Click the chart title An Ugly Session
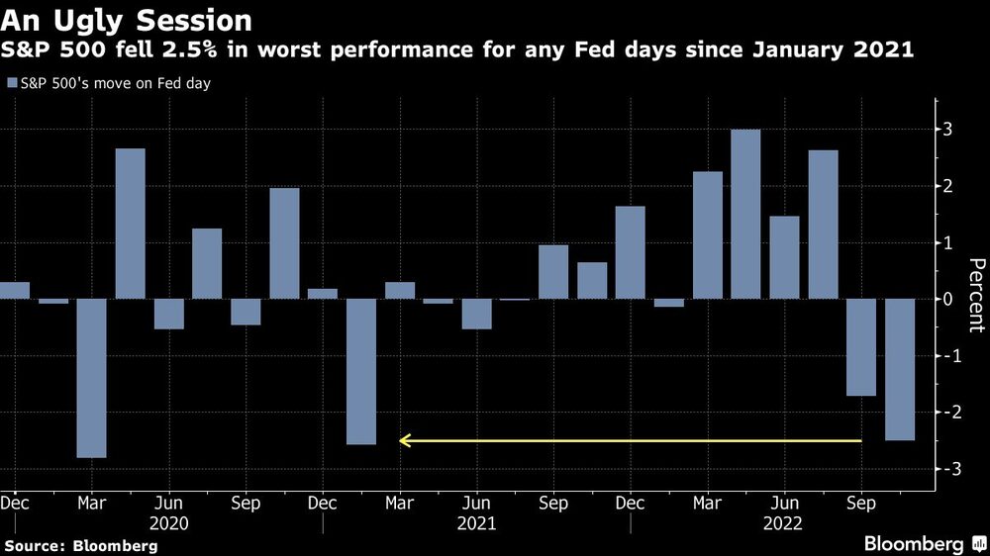coord(127,20)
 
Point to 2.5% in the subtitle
coord(219,49)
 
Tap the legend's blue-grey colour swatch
coord(11,83)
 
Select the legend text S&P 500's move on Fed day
coord(115,83)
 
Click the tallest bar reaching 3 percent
coord(745,214)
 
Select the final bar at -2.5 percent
coord(900,369)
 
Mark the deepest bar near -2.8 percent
coord(92,378)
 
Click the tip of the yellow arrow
coord(401,440)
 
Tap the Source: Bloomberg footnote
coord(80,545)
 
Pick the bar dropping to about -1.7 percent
coord(861,347)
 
